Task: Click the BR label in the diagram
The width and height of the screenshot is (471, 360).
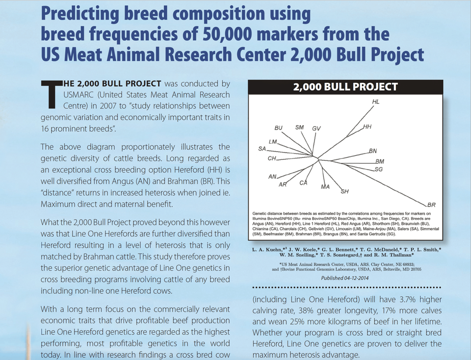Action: pos(431,205)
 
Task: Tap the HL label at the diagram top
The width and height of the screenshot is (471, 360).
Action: pos(376,102)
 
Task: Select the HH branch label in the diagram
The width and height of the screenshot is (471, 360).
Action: pos(367,127)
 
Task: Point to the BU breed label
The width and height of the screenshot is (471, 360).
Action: pos(279,128)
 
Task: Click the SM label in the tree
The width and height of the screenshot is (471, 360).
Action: pos(299,128)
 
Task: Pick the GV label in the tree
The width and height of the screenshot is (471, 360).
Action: pos(316,128)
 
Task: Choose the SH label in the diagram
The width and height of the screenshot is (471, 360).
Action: pos(345,191)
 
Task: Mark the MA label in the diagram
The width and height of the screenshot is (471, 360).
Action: pos(325,187)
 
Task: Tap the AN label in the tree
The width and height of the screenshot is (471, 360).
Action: pos(272,177)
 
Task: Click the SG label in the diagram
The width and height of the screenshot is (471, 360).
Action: pos(379,169)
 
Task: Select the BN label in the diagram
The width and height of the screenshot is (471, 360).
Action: pos(373,151)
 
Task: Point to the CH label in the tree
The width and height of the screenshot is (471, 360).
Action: pos(272,158)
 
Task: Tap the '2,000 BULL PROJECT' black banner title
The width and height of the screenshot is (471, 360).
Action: pos(345,87)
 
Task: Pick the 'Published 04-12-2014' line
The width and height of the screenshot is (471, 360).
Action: pos(345,278)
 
